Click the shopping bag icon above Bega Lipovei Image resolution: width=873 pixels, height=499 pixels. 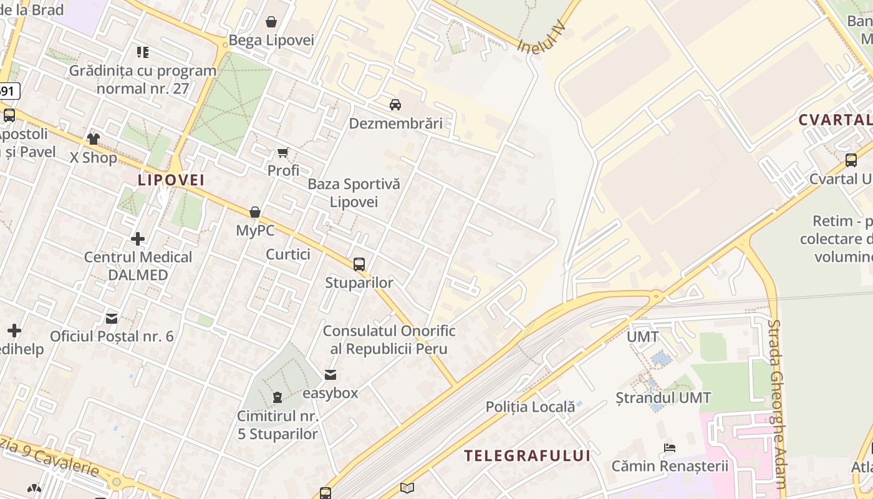[x=271, y=22]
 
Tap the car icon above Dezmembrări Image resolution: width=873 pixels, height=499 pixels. [x=395, y=104]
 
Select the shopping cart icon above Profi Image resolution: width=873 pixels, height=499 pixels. [x=283, y=152]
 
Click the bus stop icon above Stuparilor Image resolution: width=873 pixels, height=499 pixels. [x=359, y=264]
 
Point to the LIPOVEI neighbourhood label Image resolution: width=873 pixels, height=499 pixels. [x=171, y=180]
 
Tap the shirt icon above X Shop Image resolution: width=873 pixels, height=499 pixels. [x=94, y=138]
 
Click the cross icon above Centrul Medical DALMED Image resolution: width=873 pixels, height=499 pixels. [x=138, y=238]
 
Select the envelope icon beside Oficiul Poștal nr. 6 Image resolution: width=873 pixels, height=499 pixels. [x=112, y=319]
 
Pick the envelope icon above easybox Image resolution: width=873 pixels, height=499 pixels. [x=330, y=375]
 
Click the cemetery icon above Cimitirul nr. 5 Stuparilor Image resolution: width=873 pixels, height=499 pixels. [x=277, y=397]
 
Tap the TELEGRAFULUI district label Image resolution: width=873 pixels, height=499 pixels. [x=527, y=456]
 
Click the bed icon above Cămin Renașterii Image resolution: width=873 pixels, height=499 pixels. [x=670, y=447]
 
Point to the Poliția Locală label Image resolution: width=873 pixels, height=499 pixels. [x=530, y=407]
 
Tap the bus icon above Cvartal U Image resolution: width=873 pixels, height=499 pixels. [x=851, y=160]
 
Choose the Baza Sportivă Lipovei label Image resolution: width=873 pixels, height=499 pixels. [x=354, y=193]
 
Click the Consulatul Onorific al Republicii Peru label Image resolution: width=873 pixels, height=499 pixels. [x=389, y=339]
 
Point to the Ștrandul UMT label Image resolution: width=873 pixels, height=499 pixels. [x=663, y=397]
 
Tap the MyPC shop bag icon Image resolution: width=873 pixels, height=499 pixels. [x=255, y=212]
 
